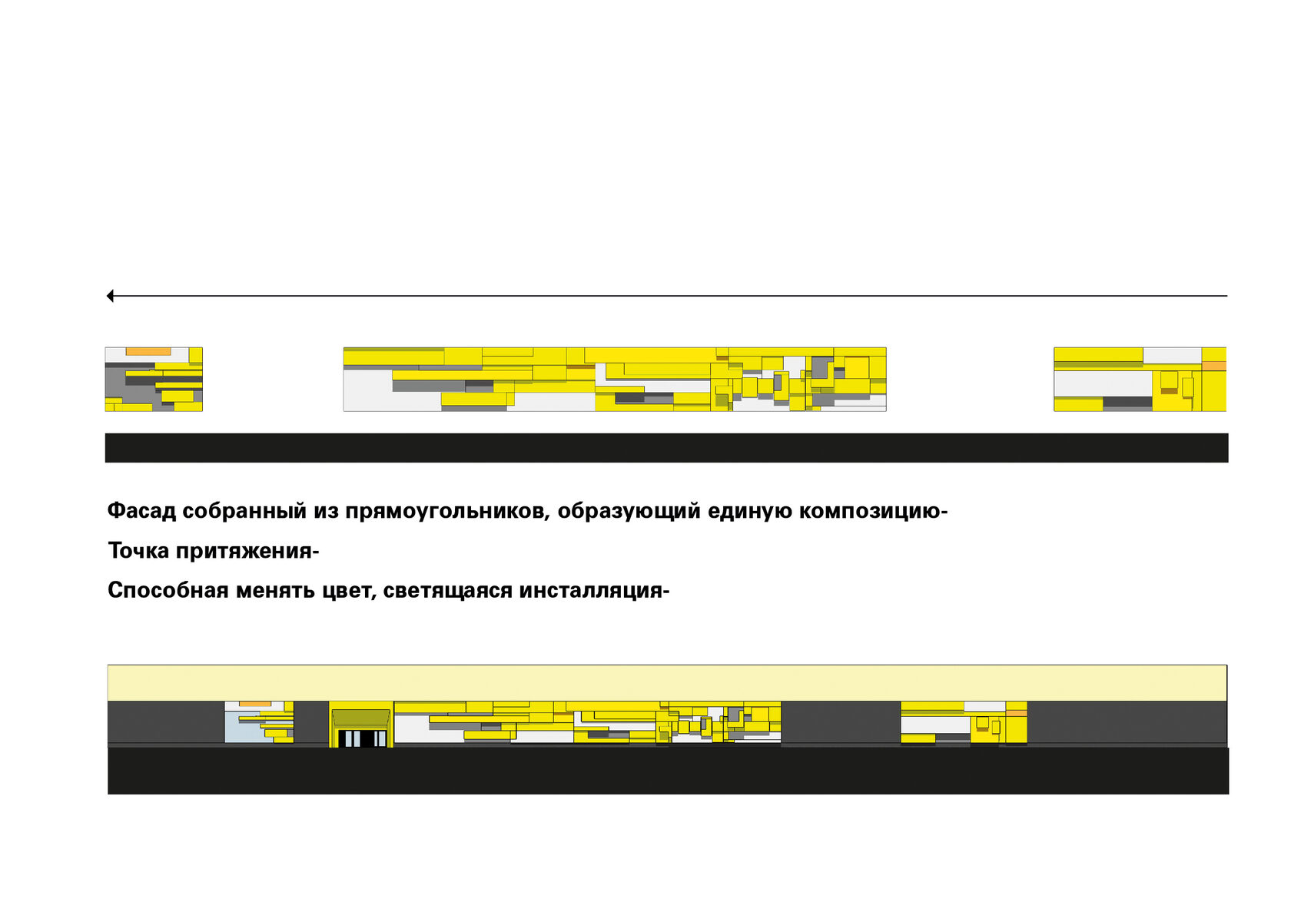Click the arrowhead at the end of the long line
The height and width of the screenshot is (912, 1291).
point(110,296)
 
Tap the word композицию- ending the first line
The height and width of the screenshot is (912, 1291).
point(873,511)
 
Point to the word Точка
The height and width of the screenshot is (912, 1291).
point(138,551)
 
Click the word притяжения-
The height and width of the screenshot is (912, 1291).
point(247,551)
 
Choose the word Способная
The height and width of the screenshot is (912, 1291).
point(168,590)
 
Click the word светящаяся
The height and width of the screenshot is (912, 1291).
point(447,590)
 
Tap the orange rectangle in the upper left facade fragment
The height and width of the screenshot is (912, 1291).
point(148,352)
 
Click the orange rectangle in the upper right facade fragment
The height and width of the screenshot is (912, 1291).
point(1214,366)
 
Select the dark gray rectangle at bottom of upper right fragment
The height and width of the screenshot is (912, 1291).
point(1127,402)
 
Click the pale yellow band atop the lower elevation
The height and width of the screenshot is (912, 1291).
point(667,683)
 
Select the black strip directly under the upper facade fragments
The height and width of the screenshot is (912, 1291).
point(666,448)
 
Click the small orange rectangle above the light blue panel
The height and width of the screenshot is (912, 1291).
point(255,704)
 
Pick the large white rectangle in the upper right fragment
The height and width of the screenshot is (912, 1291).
point(1102,383)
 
